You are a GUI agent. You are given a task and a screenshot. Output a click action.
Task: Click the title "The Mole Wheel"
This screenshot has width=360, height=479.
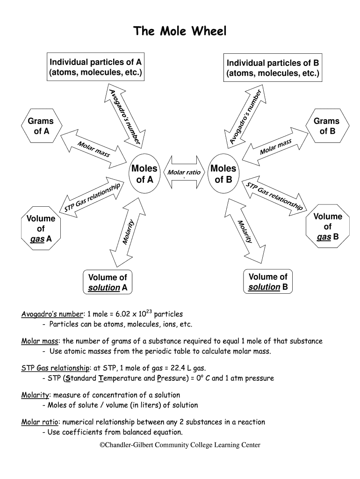[x=180, y=31]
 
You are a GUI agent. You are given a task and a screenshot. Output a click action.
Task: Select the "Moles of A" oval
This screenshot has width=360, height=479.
[x=144, y=174]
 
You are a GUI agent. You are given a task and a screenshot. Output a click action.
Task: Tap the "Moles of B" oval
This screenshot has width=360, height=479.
[x=223, y=174]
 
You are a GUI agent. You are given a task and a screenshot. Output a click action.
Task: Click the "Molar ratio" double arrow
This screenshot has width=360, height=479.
[x=184, y=173]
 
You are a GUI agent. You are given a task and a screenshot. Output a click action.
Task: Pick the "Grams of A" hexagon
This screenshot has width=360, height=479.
[x=41, y=126]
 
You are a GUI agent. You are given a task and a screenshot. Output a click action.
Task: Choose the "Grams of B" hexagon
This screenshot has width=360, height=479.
[x=327, y=126]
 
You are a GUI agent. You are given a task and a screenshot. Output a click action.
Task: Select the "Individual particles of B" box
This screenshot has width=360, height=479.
[x=273, y=68]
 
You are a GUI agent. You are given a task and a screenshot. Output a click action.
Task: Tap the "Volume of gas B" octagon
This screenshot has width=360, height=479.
[x=327, y=227]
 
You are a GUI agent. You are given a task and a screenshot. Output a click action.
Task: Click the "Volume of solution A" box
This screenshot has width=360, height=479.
[x=108, y=283]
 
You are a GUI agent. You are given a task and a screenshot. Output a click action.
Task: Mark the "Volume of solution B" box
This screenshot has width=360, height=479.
[x=268, y=282]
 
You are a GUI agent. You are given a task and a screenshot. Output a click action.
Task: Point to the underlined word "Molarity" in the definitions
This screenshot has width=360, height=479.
[x=36, y=395]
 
